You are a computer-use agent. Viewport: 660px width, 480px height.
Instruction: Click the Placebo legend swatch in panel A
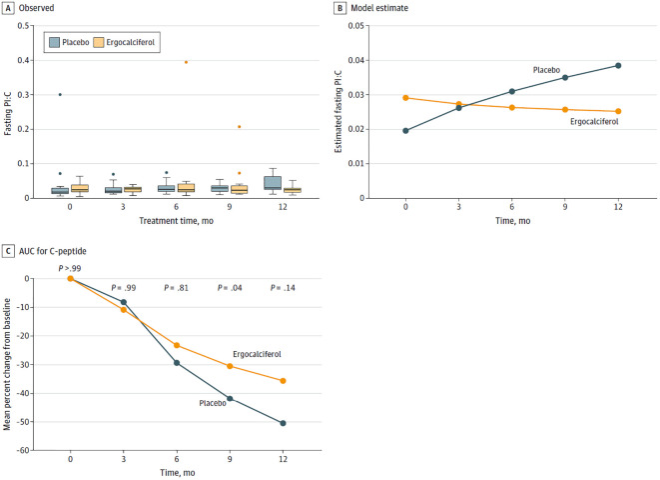tap(54, 42)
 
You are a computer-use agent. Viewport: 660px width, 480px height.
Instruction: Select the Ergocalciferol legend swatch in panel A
tap(99, 42)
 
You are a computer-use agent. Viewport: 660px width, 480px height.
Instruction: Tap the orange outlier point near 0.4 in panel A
tap(186, 62)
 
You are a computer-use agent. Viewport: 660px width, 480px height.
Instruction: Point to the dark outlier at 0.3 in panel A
tap(60, 94)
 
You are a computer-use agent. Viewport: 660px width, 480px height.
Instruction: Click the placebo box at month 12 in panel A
tap(273, 182)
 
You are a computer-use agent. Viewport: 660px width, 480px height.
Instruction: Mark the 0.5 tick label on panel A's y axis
tap(23, 26)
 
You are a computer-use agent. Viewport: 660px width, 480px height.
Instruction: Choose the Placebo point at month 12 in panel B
tap(618, 65)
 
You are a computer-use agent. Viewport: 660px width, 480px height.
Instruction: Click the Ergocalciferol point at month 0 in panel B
tap(405, 98)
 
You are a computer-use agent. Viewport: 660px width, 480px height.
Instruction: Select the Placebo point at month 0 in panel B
tap(405, 131)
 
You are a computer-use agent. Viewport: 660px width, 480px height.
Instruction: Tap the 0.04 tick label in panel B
tap(356, 60)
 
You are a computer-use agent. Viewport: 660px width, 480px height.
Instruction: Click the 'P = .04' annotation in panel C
tap(230, 288)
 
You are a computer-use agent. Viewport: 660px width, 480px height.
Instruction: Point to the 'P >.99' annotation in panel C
tap(70, 268)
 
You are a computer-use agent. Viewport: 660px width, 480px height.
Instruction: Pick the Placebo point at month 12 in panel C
tap(283, 423)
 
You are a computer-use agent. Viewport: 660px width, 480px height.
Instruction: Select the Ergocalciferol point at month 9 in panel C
tap(230, 366)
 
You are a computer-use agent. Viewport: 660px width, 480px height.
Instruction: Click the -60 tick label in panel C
tap(23, 450)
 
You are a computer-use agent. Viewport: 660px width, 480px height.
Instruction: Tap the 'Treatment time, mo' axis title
tap(177, 221)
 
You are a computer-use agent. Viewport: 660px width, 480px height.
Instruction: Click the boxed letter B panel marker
tap(339, 8)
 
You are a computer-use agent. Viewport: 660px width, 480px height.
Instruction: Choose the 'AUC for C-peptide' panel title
tap(53, 251)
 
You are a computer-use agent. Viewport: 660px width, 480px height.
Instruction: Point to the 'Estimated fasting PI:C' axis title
tap(338, 111)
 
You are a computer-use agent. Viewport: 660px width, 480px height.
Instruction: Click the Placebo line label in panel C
tap(213, 403)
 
